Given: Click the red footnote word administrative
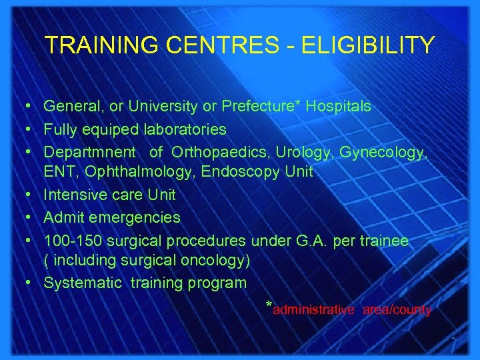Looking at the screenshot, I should [313, 310].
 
